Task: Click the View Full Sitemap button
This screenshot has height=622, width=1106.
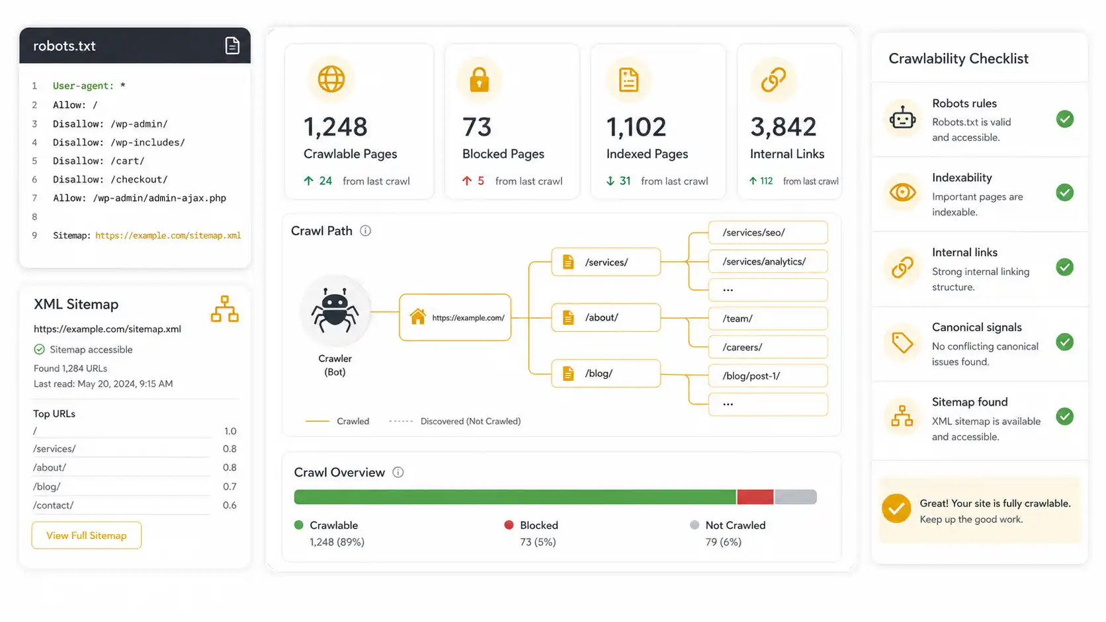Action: click(x=87, y=535)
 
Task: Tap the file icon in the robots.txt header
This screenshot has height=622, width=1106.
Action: click(x=232, y=46)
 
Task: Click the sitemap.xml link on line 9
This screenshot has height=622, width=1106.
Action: click(x=168, y=235)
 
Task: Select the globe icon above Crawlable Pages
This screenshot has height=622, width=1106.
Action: click(x=331, y=79)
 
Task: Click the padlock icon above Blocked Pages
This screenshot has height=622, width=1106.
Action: click(x=479, y=79)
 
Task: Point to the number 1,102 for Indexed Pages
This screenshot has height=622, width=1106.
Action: click(x=636, y=127)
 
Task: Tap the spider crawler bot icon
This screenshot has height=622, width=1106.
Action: click(x=335, y=310)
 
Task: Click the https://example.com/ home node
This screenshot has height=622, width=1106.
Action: click(x=454, y=317)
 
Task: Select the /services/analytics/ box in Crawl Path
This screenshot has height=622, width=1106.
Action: click(x=768, y=262)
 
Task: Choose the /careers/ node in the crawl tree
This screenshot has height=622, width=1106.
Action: click(x=768, y=347)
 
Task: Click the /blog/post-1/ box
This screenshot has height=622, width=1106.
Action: click(x=768, y=376)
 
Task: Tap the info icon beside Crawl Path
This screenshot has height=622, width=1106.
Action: click(x=365, y=231)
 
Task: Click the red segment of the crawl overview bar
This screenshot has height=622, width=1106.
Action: click(x=755, y=496)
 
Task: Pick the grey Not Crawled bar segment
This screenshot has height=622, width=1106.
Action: click(x=795, y=496)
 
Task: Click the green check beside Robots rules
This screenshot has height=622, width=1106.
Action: click(x=1065, y=119)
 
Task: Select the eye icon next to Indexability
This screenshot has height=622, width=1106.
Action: click(x=902, y=192)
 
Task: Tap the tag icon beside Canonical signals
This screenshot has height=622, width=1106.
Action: click(x=902, y=342)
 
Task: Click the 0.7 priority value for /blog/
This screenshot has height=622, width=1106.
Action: click(x=230, y=486)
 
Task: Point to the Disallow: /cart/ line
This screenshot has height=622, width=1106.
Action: click(x=99, y=161)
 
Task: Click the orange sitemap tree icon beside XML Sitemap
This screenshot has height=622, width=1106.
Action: click(x=225, y=309)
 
